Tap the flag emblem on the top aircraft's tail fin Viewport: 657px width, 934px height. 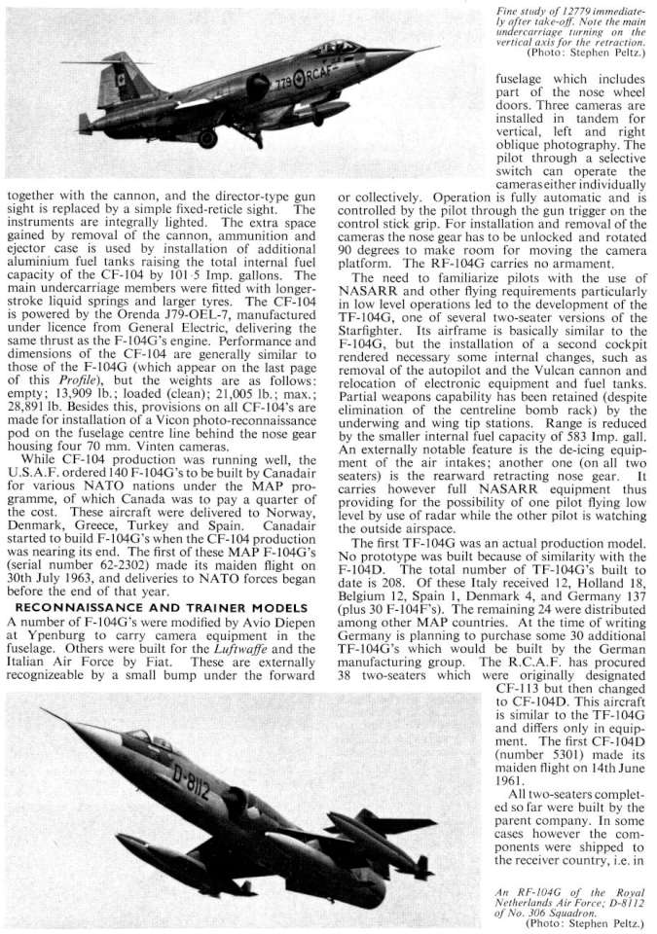(x=121, y=79)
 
